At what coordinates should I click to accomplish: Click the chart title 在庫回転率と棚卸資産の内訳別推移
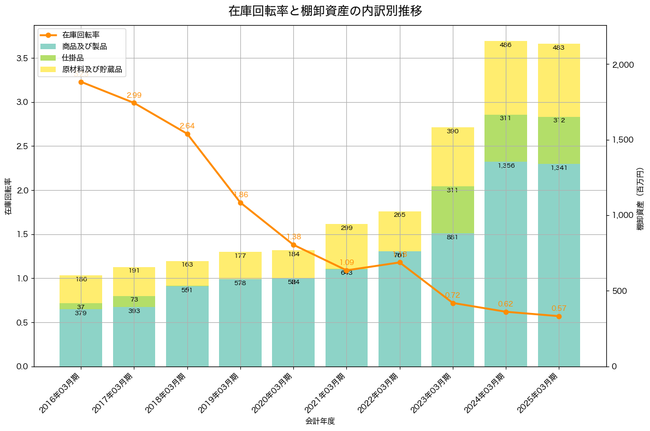325,11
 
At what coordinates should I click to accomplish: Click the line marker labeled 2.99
134,103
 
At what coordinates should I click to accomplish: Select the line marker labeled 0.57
559,316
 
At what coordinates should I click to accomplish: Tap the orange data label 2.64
187,126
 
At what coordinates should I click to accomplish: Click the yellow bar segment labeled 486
506,78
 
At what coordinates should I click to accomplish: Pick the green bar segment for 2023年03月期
453,210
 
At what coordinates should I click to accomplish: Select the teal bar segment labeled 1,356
506,264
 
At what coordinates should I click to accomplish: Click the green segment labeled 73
134,302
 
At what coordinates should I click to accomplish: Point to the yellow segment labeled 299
346,246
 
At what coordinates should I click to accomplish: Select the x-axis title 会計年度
320,421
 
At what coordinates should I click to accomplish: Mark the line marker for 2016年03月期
81,82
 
